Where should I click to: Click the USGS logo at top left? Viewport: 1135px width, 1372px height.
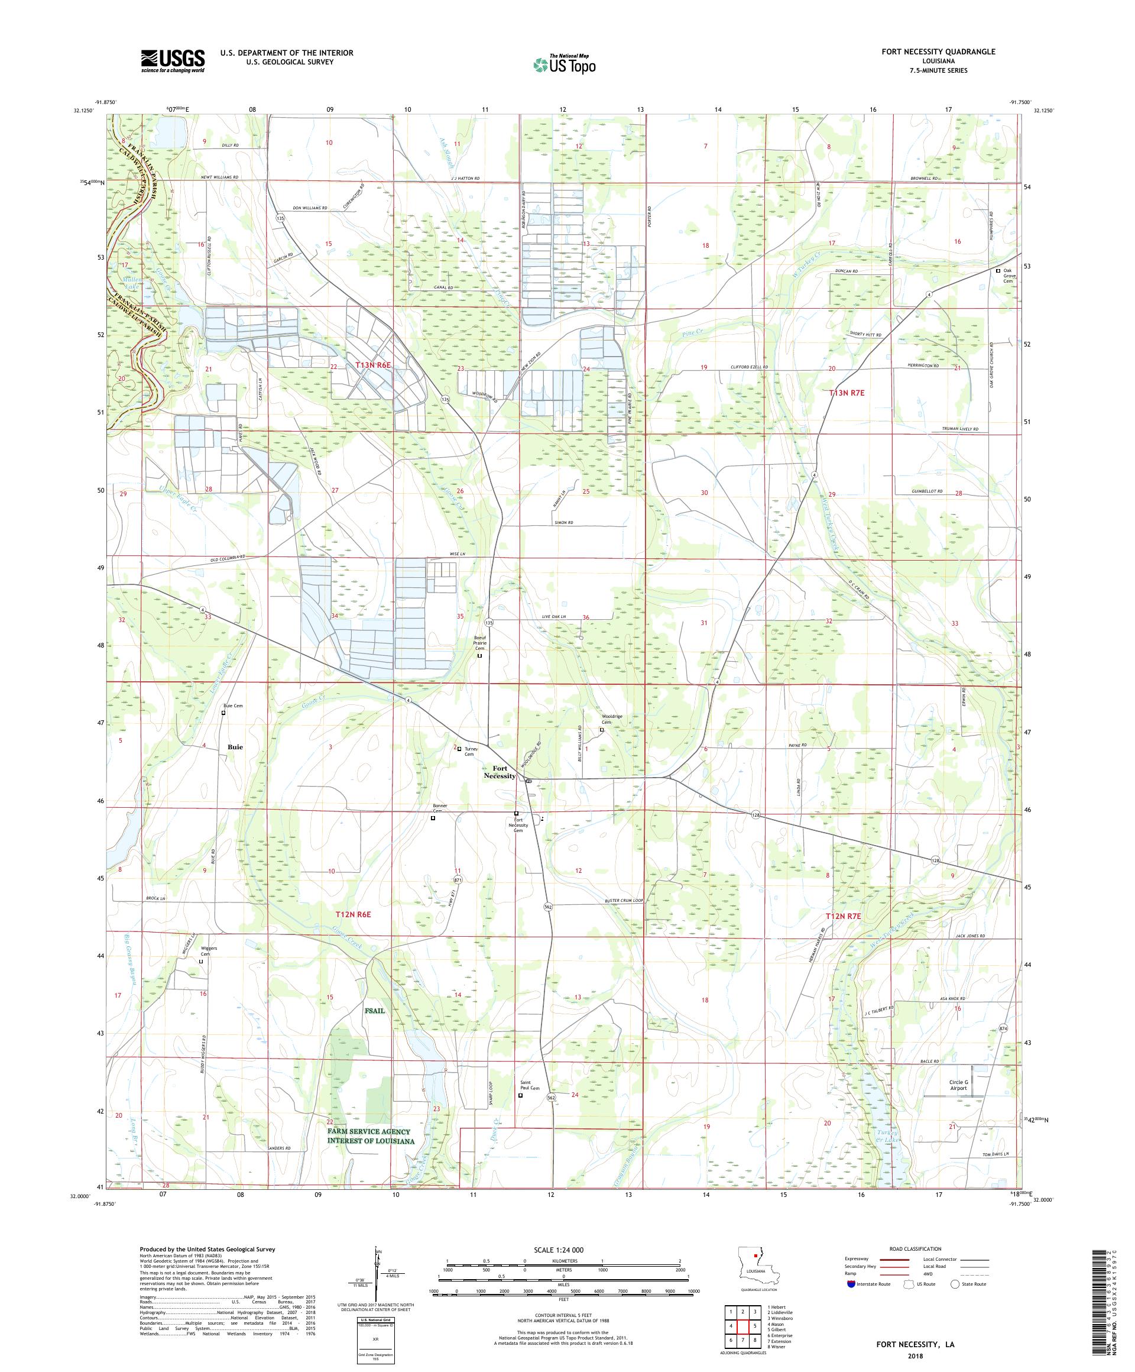click(x=173, y=62)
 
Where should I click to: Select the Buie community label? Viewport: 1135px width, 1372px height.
click(x=235, y=746)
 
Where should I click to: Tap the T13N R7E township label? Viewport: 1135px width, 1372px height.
click(x=847, y=393)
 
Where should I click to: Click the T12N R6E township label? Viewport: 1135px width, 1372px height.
click(x=353, y=915)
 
